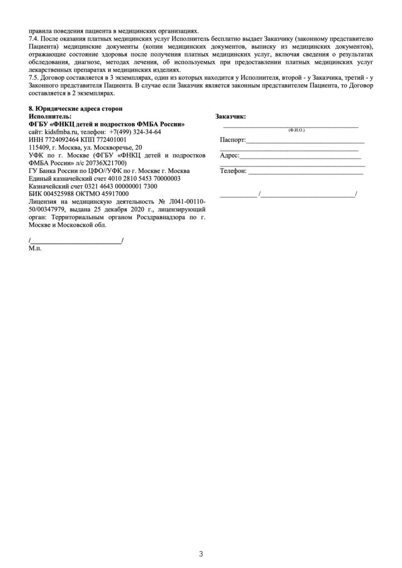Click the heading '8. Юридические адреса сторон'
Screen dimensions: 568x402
tap(75, 109)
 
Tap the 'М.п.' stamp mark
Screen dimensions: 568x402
tap(35, 248)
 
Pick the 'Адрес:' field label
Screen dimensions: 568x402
tap(229, 155)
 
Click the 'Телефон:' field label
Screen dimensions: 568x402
tap(233, 171)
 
